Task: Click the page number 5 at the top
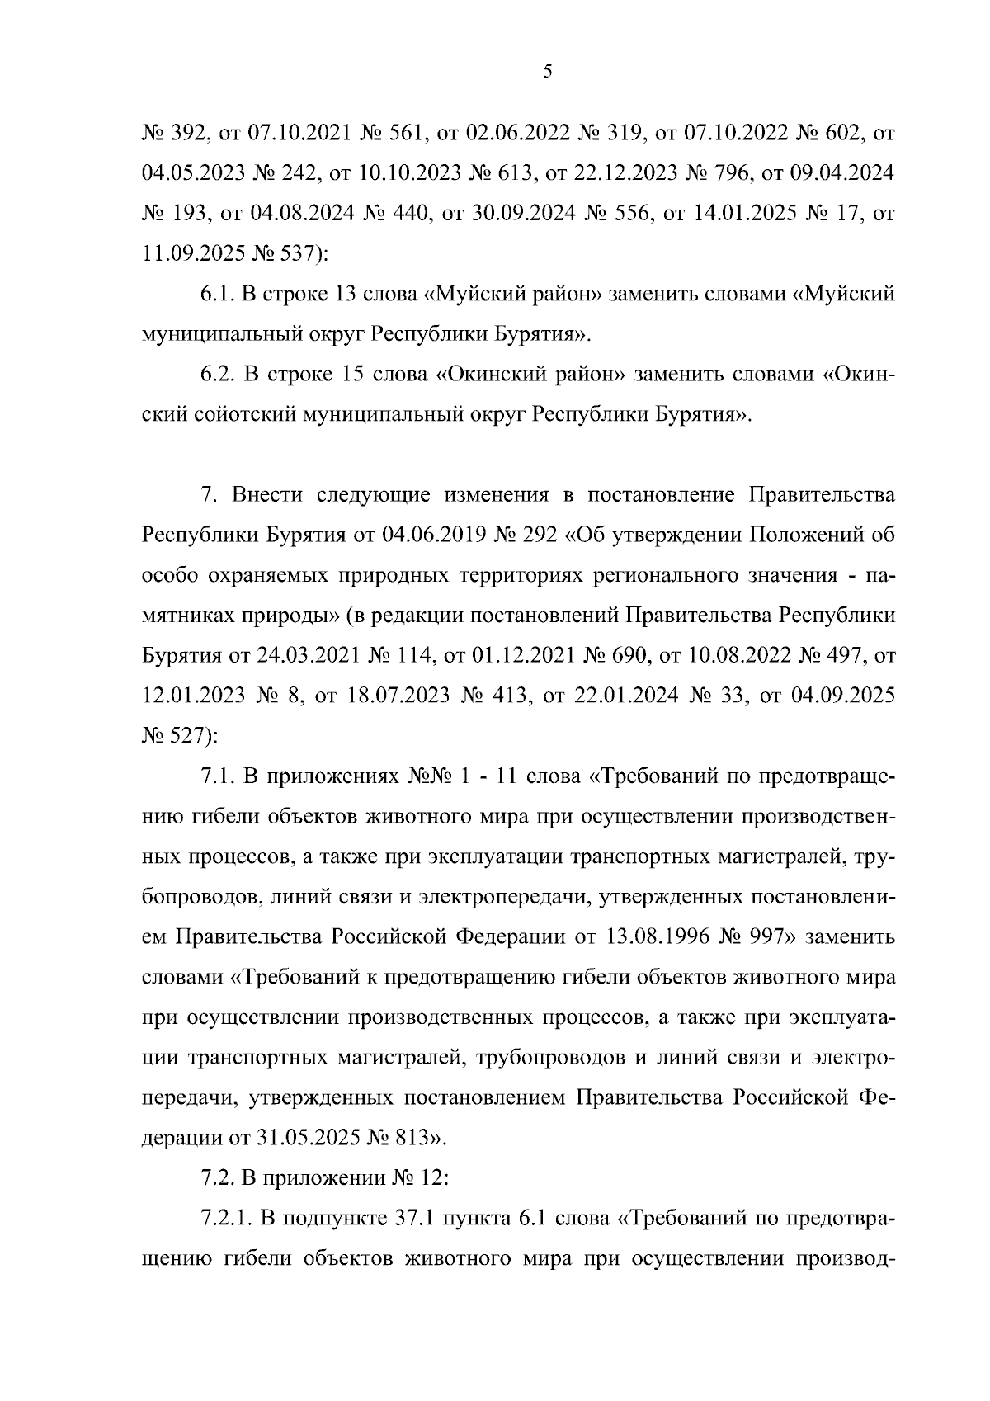coord(548,72)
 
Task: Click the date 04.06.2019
coord(427,535)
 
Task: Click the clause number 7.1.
coord(219,777)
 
